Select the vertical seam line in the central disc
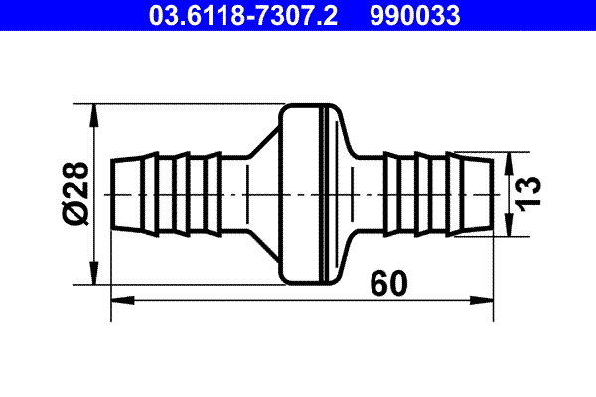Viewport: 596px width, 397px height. pyautogui.click(x=326, y=193)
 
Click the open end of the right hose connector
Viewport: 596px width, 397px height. pyautogui.click(x=493, y=193)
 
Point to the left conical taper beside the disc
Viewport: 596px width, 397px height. pyautogui.click(x=260, y=193)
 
